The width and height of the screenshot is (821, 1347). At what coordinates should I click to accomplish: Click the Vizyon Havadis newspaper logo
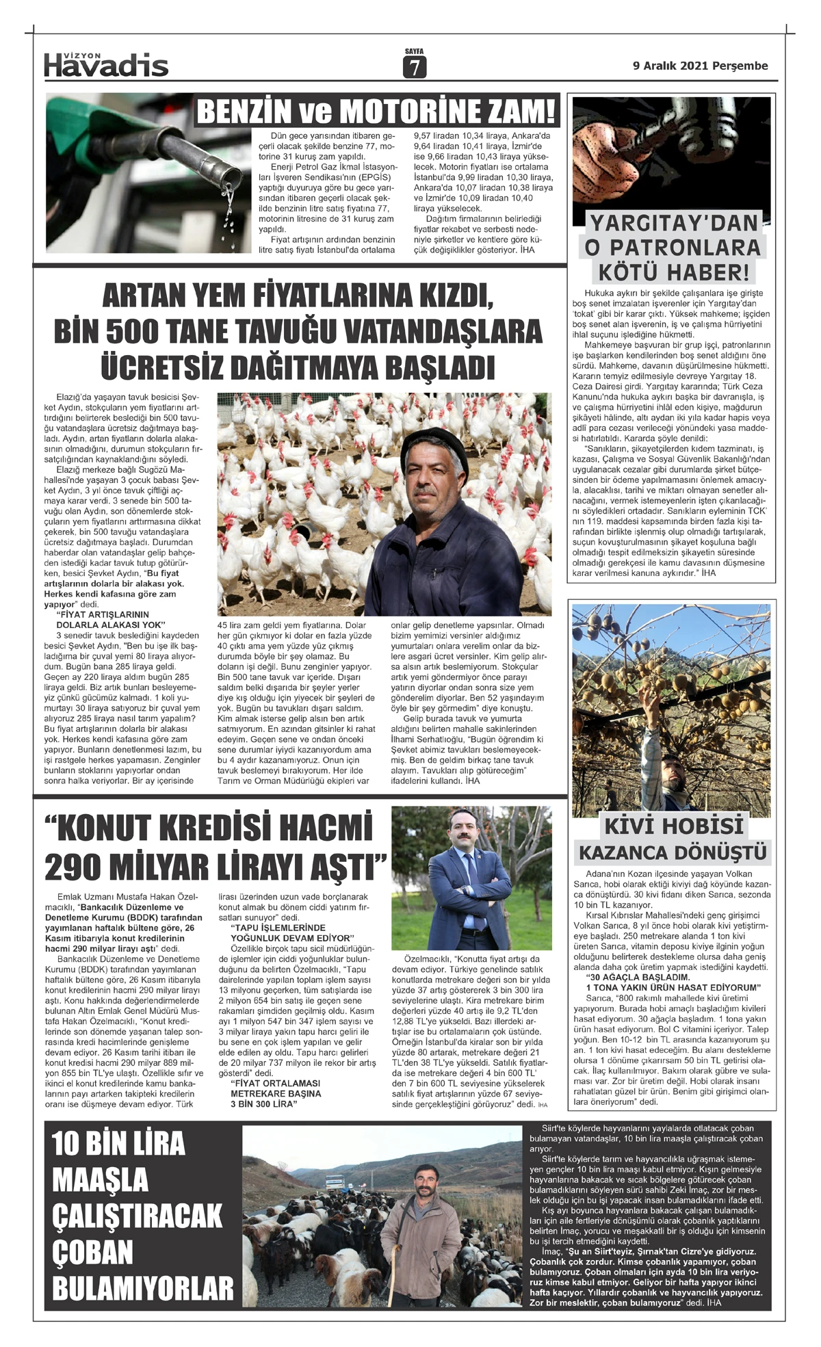106,64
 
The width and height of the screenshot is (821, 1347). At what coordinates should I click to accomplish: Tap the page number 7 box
414,67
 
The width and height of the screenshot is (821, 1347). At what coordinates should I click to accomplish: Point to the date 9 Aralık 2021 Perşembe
700,66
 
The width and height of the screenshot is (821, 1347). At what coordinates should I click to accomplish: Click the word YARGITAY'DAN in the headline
674,223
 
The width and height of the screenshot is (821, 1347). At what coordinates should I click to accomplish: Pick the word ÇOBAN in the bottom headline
93,1253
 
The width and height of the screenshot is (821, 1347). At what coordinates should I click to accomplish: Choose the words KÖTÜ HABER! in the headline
674,272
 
